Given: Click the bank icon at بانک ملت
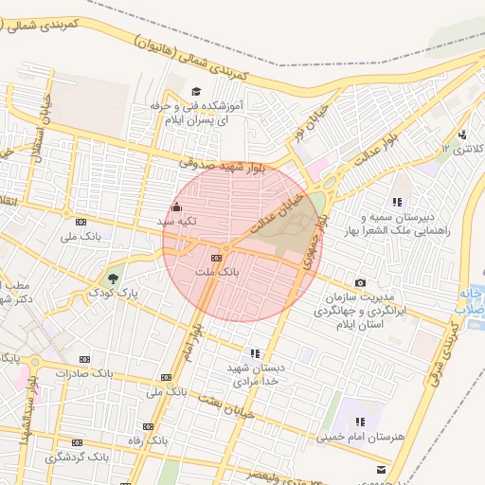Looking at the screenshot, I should (217, 257).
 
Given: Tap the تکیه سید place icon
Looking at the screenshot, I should (175, 207).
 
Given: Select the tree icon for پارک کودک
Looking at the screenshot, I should (114, 278).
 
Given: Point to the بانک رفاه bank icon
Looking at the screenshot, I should (147, 426).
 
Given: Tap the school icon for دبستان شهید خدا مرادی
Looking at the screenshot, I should (254, 353).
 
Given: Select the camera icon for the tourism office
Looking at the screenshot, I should (360, 283).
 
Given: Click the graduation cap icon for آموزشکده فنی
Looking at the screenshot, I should (196, 93).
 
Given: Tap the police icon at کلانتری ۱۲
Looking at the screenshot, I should (462, 134).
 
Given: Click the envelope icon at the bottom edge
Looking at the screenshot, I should (381, 469).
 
